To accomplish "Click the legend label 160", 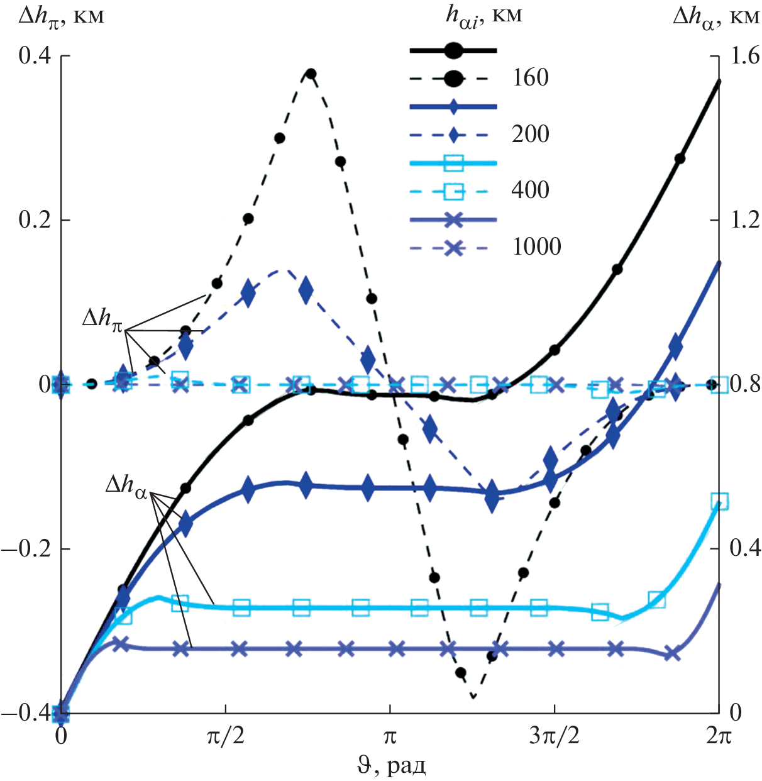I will point(530,78).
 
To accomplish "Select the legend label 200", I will point(530,134).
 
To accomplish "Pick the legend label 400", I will point(530,190).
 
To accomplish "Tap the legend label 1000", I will point(536,246).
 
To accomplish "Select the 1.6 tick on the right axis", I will point(744,56).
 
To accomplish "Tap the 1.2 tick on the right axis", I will point(744,220).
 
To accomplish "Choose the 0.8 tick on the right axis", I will point(744,384).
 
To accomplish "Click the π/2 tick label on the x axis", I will point(225,736).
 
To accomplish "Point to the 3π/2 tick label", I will point(554,736).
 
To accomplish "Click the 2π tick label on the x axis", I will point(718,736).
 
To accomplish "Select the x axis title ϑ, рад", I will point(390,766).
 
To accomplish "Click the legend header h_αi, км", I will point(483,16).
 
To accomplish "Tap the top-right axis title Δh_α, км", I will point(715,16).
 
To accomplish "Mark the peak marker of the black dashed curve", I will point(310,74).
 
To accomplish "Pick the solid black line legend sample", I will point(453,50).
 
